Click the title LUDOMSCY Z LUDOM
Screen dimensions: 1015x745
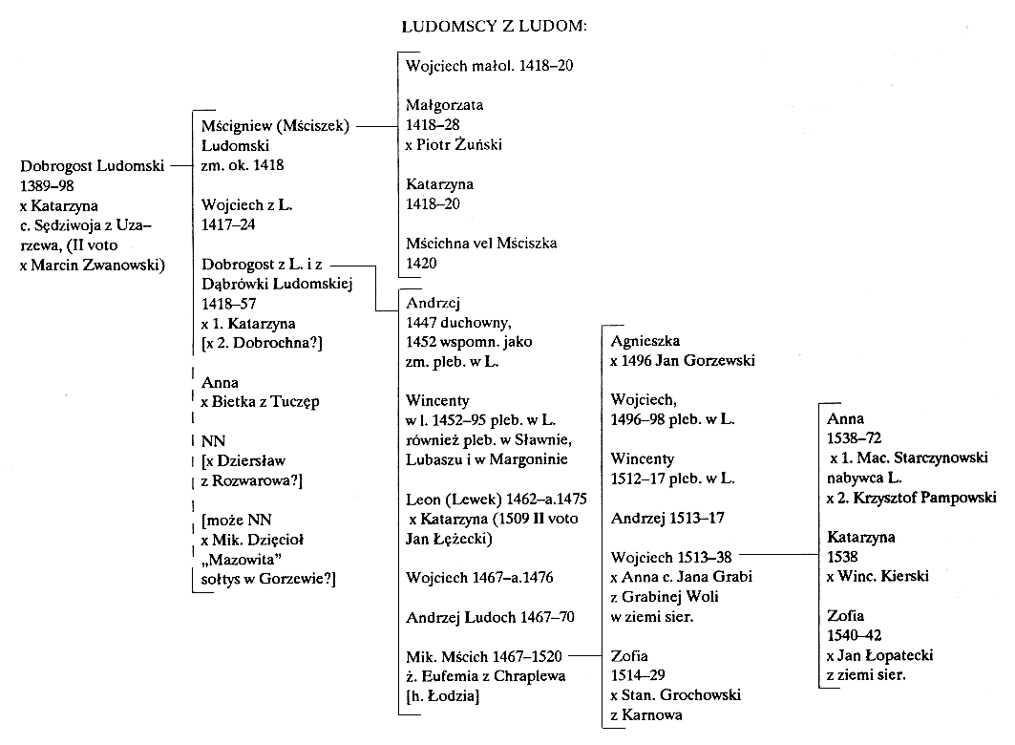(495, 27)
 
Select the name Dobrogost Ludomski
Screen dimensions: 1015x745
(92, 166)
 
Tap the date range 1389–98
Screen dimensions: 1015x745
(47, 186)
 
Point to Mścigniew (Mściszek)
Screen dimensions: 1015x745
(275, 126)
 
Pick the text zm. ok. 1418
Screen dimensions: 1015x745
(243, 165)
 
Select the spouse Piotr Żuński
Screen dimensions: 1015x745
(459, 144)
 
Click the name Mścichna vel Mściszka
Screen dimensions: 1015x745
(481, 244)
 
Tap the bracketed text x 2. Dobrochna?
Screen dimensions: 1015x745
(263, 343)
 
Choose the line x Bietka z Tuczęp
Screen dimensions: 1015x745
(261, 402)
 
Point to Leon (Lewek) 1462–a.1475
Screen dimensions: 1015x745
(497, 499)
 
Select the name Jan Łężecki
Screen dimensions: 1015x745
(449, 540)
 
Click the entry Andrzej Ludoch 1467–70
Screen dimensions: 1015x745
(490, 617)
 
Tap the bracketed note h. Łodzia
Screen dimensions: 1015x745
(443, 696)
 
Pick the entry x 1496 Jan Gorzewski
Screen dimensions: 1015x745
(683, 360)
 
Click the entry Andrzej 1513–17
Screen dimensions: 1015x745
(668, 518)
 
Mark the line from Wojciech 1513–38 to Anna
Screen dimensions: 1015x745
(779, 555)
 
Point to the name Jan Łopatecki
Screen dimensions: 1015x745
(885, 655)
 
